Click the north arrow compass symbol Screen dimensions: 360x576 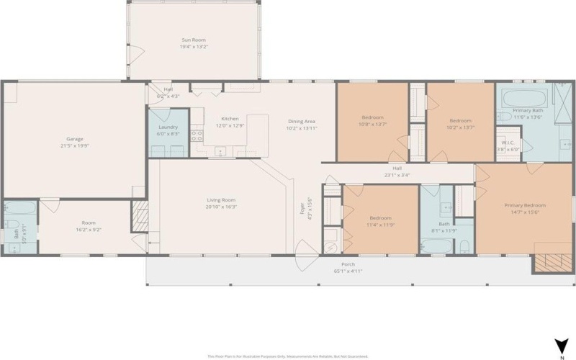pyautogui.click(x=559, y=346)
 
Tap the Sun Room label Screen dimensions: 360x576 pyautogui.click(x=193, y=40)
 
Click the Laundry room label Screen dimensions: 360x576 pyautogui.click(x=168, y=127)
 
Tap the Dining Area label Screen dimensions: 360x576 pyautogui.click(x=302, y=121)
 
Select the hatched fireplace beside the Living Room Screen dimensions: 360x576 pyautogui.click(x=139, y=215)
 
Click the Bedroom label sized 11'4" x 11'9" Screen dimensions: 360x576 pyautogui.click(x=380, y=217)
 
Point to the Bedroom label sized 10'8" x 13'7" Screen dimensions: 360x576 pyautogui.click(x=372, y=117)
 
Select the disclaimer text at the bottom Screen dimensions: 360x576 pyautogui.click(x=288, y=356)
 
